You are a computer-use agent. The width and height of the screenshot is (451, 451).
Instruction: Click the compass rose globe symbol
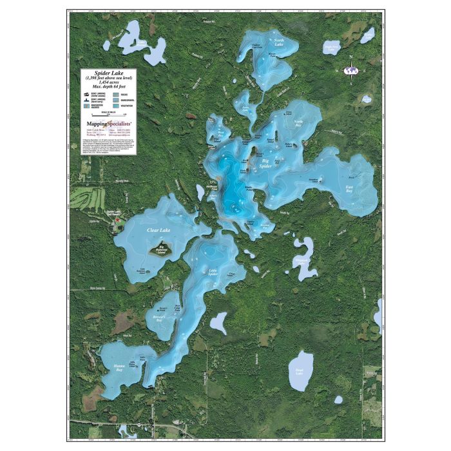tap(351, 70)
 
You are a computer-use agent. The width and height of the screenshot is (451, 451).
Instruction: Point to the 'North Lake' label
tap(279, 43)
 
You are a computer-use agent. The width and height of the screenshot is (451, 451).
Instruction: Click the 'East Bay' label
tap(349, 189)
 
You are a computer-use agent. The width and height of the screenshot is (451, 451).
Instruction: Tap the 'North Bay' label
tap(298, 122)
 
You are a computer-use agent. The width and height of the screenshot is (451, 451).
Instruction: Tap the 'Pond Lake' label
tap(298, 371)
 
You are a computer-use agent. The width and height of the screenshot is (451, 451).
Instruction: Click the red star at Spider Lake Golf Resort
tap(117, 220)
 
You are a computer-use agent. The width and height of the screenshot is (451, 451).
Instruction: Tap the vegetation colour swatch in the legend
tap(115, 105)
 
